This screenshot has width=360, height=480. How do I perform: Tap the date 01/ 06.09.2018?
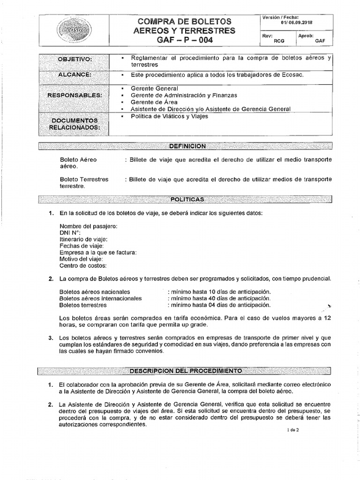click(297, 22)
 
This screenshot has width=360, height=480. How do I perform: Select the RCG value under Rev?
click(279, 41)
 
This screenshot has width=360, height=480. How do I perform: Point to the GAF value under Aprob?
click(320, 41)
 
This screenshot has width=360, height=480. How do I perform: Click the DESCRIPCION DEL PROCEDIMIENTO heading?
click(186, 371)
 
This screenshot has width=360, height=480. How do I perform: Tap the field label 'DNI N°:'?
click(70, 232)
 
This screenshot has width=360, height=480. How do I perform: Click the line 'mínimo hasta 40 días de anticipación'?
click(219, 298)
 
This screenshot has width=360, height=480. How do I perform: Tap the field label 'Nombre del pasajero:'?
click(88, 226)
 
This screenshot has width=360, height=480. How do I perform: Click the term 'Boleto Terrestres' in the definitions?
click(84, 179)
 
